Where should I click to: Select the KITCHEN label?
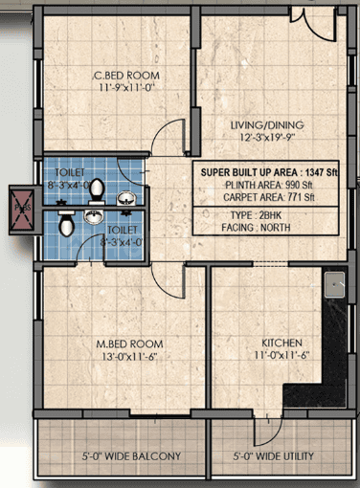tap(282, 343)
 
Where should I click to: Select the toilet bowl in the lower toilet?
tap(65, 224)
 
